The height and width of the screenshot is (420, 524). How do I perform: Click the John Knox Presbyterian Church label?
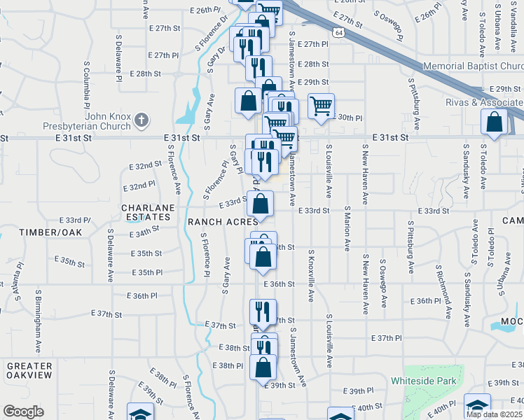[108, 121]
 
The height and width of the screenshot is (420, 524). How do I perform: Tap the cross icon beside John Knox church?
[142, 120]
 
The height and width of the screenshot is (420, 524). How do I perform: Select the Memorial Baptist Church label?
[474, 66]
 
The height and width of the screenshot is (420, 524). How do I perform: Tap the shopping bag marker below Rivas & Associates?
[495, 122]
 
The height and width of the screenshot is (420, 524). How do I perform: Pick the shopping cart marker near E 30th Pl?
[321, 106]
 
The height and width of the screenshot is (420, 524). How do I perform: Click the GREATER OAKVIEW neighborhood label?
[29, 370]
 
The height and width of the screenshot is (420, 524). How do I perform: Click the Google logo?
[24, 411]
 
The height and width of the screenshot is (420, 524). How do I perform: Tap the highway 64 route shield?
[338, 33]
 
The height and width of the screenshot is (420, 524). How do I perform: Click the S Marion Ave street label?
[347, 228]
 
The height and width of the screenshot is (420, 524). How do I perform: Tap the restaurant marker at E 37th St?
[263, 311]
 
